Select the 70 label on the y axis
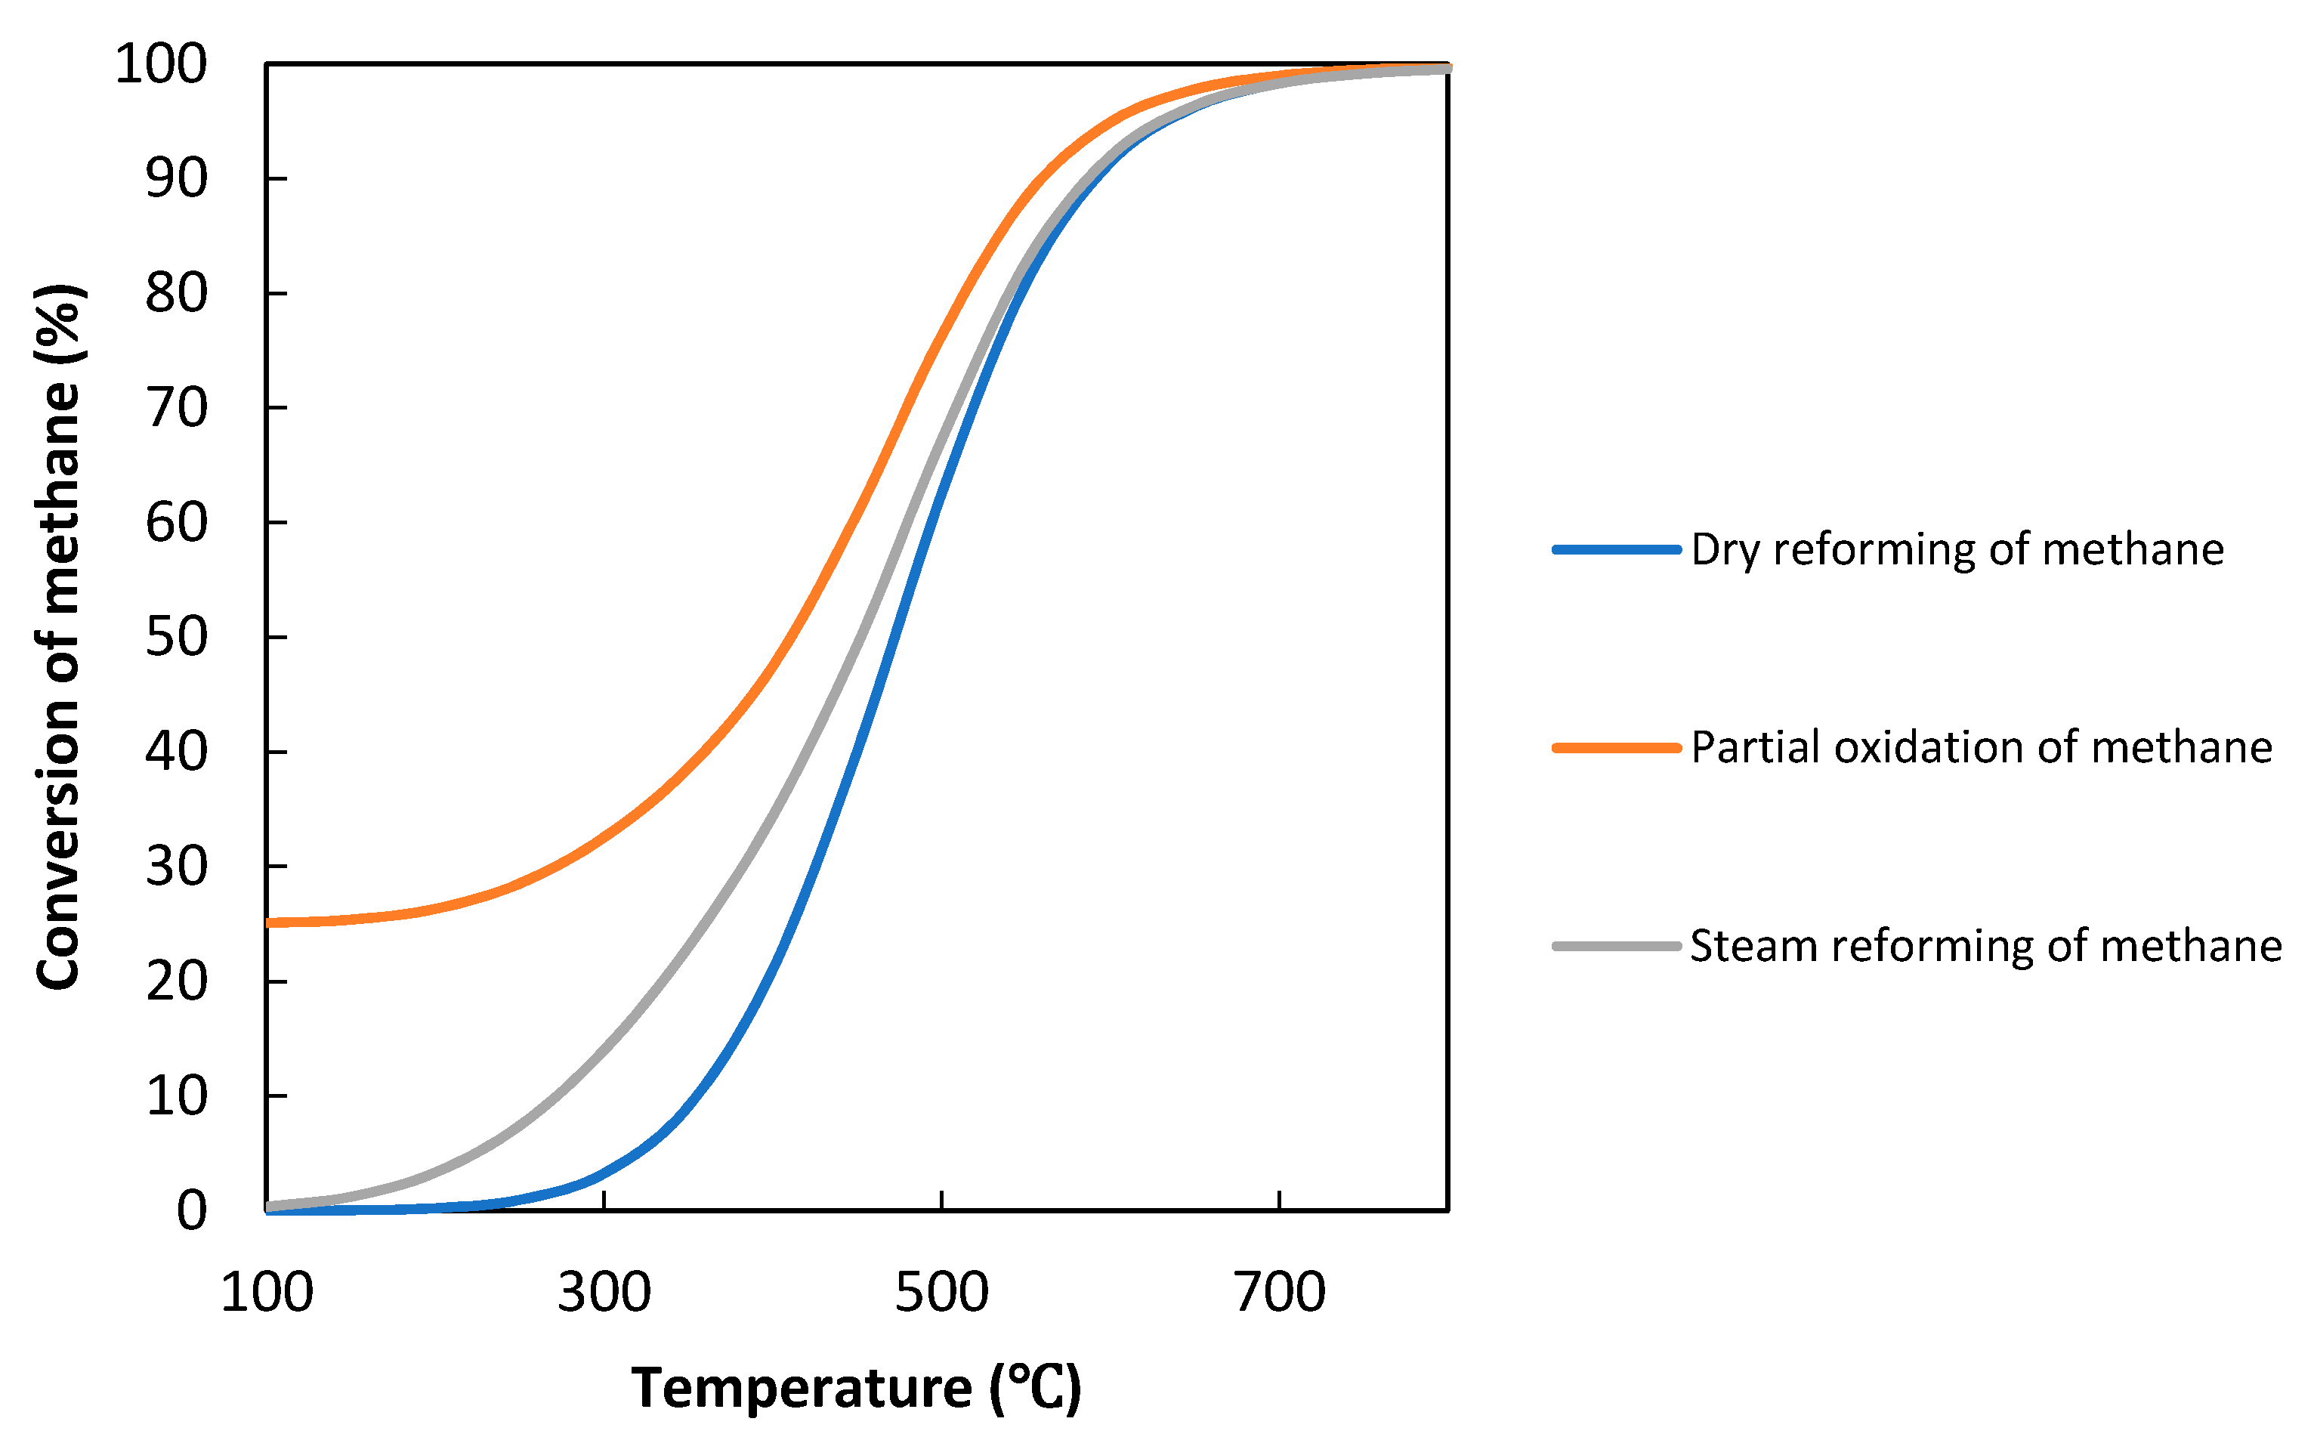pyautogui.click(x=176, y=409)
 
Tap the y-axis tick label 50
pyautogui.click(x=176, y=638)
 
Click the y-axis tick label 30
pyautogui.click(x=176, y=867)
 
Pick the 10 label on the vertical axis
pyautogui.click(x=176, y=1097)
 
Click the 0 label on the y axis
pyautogui.click(x=191, y=1212)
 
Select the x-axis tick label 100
pyautogui.click(x=266, y=1293)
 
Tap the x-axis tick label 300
pyautogui.click(x=604, y=1293)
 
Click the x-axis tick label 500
pyautogui.click(x=941, y=1293)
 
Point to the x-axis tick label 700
pyautogui.click(x=1278, y=1293)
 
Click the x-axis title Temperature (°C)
pyautogui.click(x=855, y=1389)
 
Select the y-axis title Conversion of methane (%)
pyautogui.click(x=59, y=637)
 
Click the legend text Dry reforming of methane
pyautogui.click(x=1957, y=550)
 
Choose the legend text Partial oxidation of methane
pyautogui.click(x=1982, y=748)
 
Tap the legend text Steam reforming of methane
pyautogui.click(x=1985, y=947)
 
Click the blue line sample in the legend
pyautogui.click(x=1616, y=549)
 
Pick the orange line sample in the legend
pyautogui.click(x=1616, y=748)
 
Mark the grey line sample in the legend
pyautogui.click(x=1616, y=947)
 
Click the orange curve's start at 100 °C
pyautogui.click(x=270, y=922)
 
